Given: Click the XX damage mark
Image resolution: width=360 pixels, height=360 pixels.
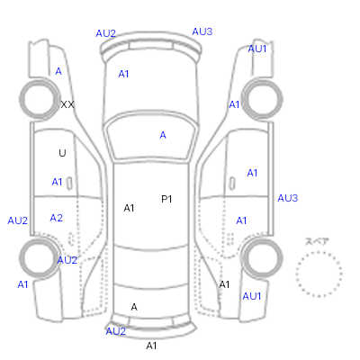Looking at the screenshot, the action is (67, 104).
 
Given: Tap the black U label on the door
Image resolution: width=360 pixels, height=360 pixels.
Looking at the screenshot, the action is (62, 153).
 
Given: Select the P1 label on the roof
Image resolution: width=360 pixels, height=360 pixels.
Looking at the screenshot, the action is (166, 199).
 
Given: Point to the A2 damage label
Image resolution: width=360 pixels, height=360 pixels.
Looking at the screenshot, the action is (57, 218).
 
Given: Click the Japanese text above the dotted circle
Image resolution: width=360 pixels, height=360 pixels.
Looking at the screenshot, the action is (317, 242).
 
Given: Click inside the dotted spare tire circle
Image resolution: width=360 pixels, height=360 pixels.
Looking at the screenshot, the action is (319, 274).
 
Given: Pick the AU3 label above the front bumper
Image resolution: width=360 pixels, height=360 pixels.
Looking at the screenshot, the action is (202, 31).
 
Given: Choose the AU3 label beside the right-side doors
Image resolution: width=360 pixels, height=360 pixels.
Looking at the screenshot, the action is (288, 198).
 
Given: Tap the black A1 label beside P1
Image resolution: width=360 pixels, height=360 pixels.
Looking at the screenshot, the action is (129, 208).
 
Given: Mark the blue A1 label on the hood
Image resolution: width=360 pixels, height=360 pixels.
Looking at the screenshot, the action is (123, 74).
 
